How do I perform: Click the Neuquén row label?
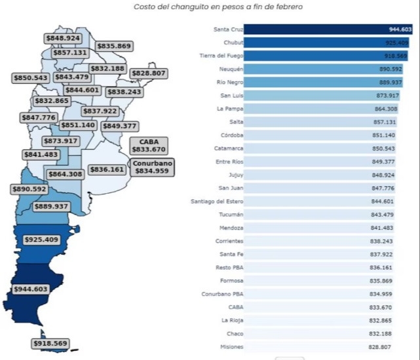(232, 69)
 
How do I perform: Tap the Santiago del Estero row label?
(217, 201)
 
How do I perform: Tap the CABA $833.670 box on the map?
(149, 145)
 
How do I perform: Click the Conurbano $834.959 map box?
(152, 166)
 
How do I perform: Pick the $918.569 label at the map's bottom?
(50, 343)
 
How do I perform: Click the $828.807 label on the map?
(148, 73)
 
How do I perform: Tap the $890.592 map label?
(29, 189)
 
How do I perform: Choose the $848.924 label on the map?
(64, 38)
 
